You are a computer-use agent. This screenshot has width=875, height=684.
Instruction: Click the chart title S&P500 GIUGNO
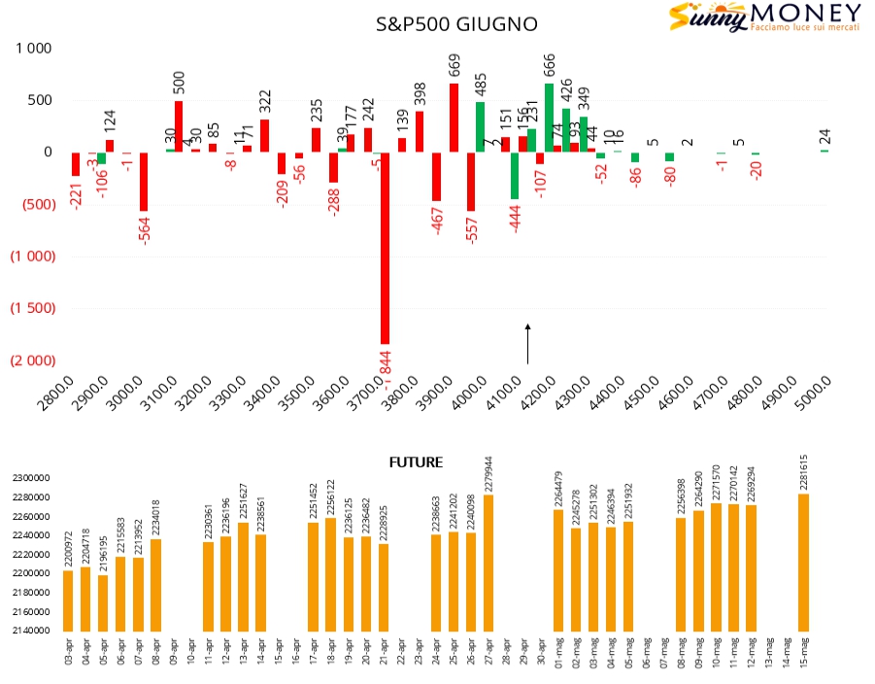coord(455,24)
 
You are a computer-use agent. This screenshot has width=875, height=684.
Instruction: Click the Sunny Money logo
coord(764,19)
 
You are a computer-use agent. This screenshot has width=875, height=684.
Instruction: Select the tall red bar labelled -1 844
coord(385,248)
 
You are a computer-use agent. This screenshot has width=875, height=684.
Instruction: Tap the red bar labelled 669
coord(454,118)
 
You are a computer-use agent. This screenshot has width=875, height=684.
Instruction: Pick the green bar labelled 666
coord(549,118)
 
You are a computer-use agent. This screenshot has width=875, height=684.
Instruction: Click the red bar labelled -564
coord(144,181)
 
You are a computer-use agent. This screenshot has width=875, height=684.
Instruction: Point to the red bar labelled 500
coord(179,126)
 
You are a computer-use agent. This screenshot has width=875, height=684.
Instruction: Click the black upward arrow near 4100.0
coord(527,345)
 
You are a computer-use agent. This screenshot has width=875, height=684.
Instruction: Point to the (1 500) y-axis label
coord(32,309)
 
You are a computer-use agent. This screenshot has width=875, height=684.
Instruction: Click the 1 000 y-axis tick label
coord(32,48)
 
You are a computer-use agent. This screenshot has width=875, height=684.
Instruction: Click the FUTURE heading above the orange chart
coord(416,462)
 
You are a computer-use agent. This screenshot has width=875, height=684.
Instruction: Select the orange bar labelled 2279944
coord(488,564)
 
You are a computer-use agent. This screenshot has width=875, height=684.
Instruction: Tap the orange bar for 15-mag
coord(803,563)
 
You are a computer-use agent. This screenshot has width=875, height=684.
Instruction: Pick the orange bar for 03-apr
coord(68,600)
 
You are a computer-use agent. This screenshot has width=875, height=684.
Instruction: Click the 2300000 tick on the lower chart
coord(33,478)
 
